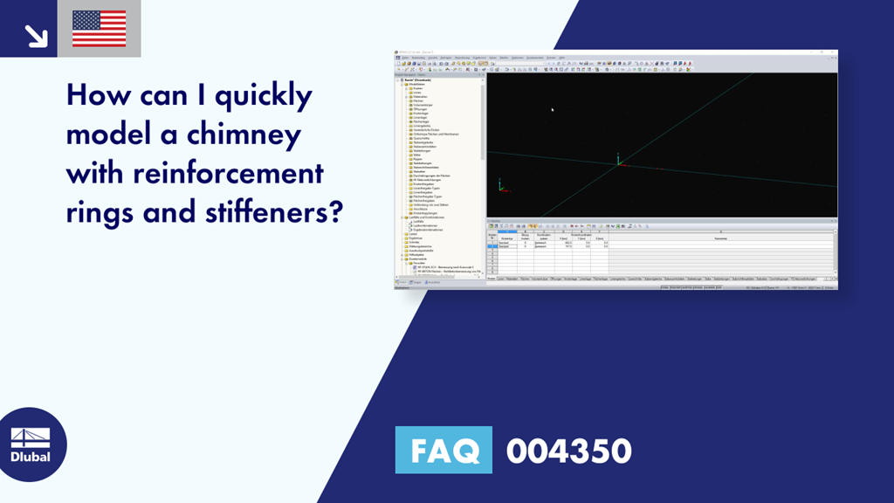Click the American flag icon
(x=99, y=28)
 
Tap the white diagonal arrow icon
(x=35, y=34)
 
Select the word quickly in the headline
(x=263, y=95)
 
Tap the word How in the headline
(x=99, y=95)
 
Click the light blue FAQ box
(x=444, y=451)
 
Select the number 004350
(x=568, y=451)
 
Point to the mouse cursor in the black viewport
(x=552, y=109)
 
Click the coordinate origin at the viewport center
(x=618, y=162)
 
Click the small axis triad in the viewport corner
(x=500, y=186)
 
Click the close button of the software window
(x=833, y=53)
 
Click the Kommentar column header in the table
(x=720, y=238)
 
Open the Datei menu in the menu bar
(x=404, y=59)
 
